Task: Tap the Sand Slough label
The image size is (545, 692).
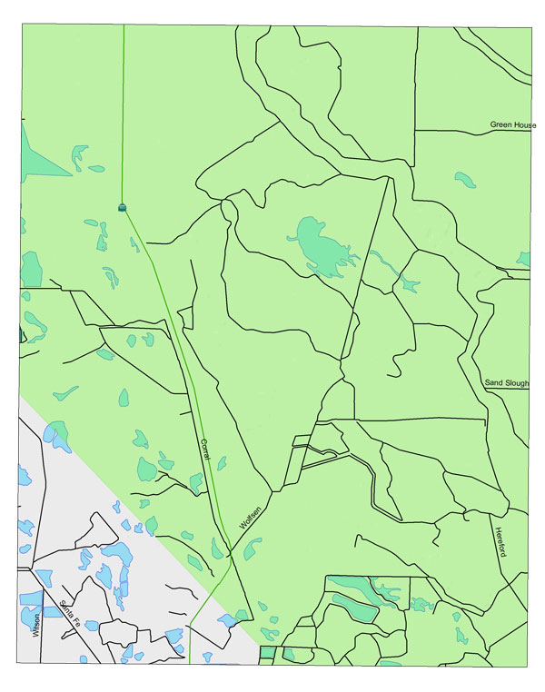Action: pos(506,383)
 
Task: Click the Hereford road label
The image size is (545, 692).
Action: pos(499,541)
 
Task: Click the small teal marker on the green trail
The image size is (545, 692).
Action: pos(123,208)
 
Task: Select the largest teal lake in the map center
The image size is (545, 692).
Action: pos(318,245)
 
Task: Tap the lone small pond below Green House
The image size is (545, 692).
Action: pos(465,179)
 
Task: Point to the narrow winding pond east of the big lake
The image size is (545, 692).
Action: pos(386,263)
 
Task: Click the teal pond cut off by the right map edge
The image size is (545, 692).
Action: pos(522,260)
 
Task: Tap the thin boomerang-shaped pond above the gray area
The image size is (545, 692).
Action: pos(65,393)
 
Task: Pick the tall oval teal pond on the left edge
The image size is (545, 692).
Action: pos(32,269)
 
